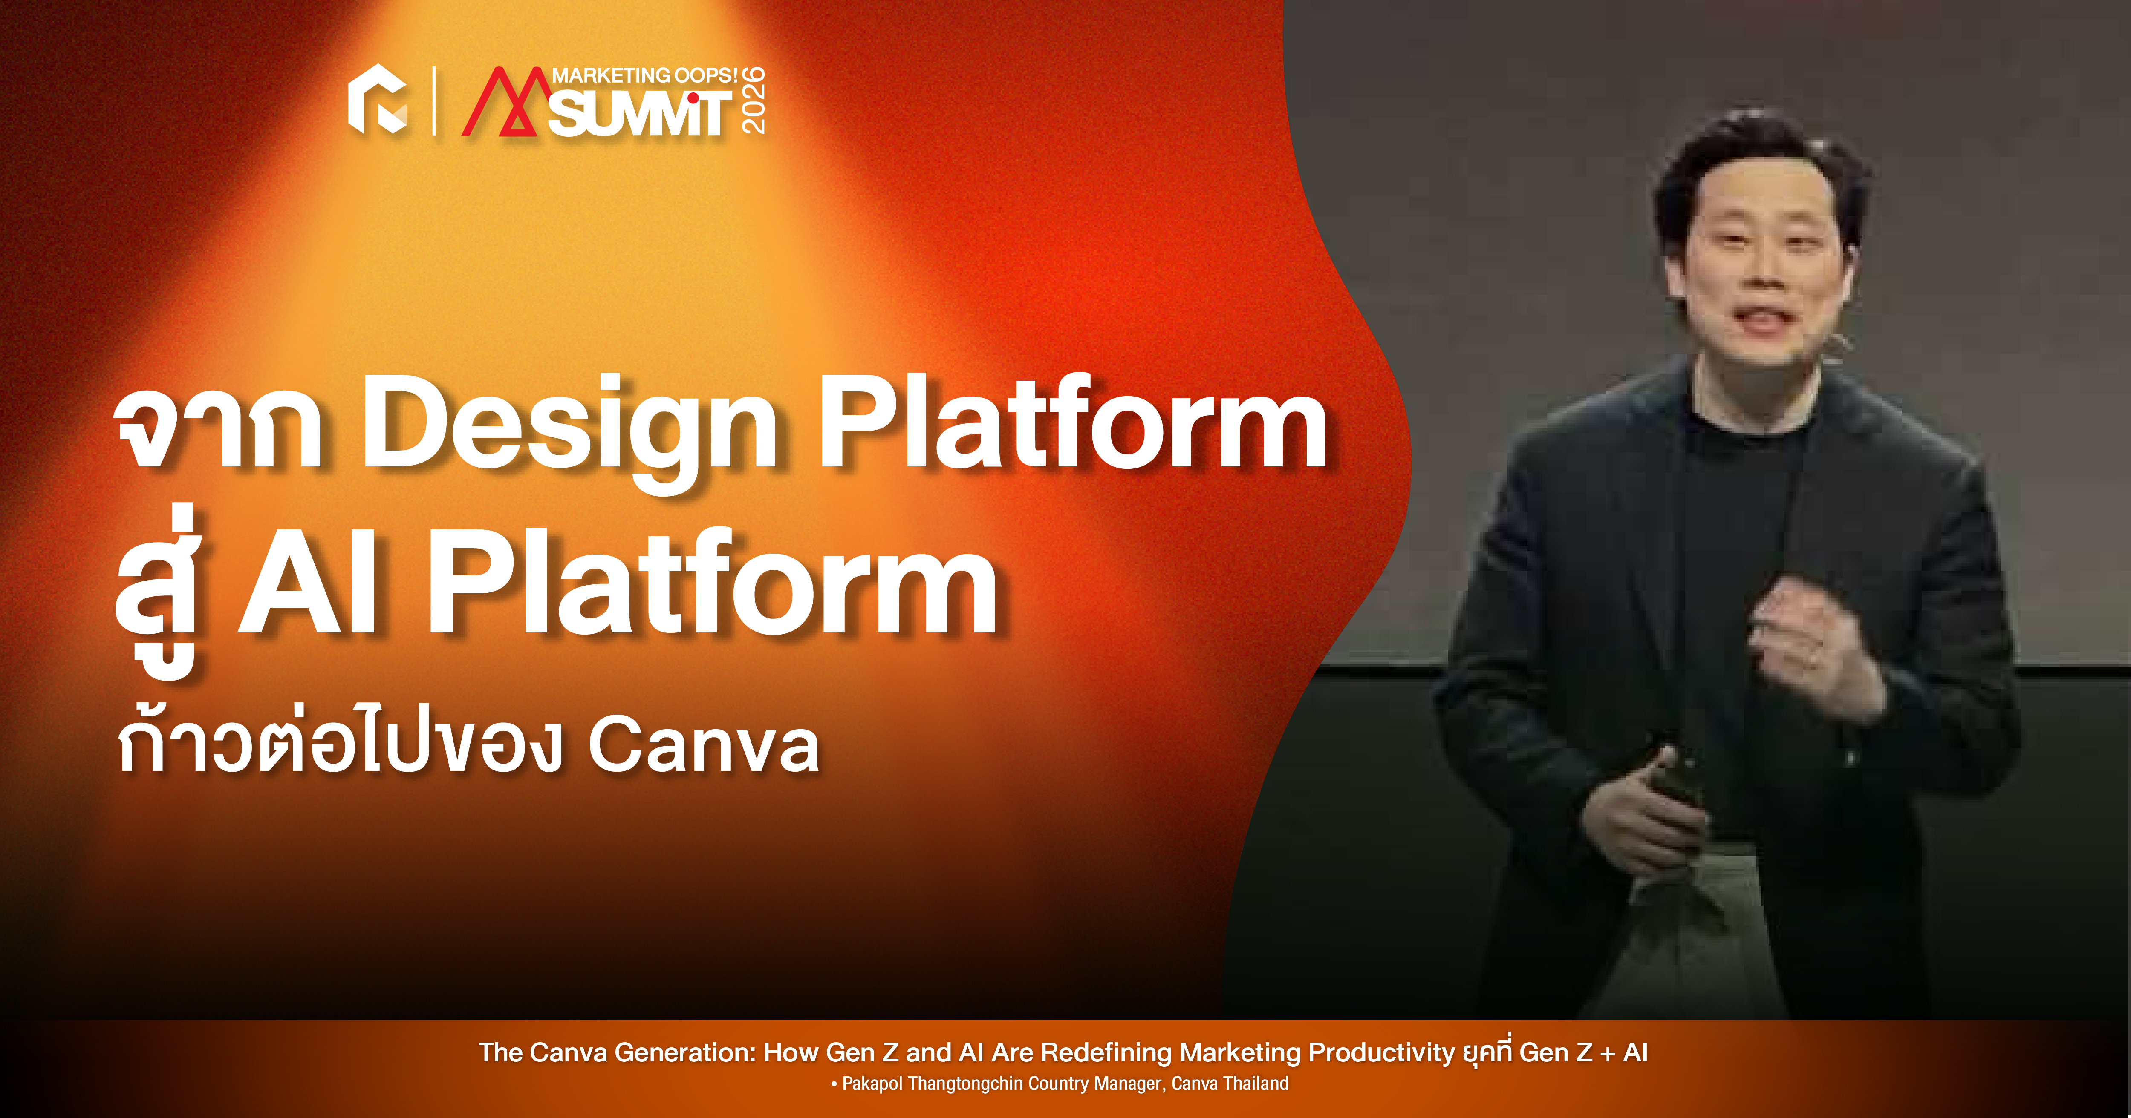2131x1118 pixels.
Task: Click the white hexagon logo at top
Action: (x=377, y=99)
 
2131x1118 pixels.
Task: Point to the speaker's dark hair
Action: (x=1762, y=165)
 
